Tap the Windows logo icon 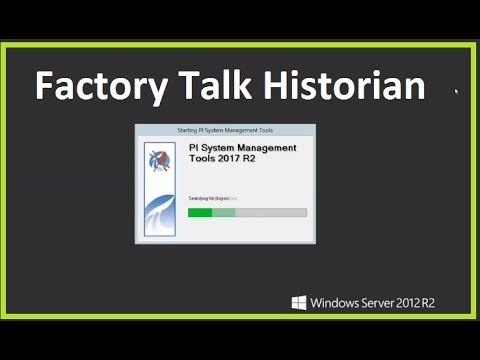click(299, 302)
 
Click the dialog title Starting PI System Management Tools click(225, 130)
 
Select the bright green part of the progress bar click(200, 212)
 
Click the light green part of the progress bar click(224, 212)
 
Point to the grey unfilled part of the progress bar click(271, 212)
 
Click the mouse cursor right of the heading click(456, 92)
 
